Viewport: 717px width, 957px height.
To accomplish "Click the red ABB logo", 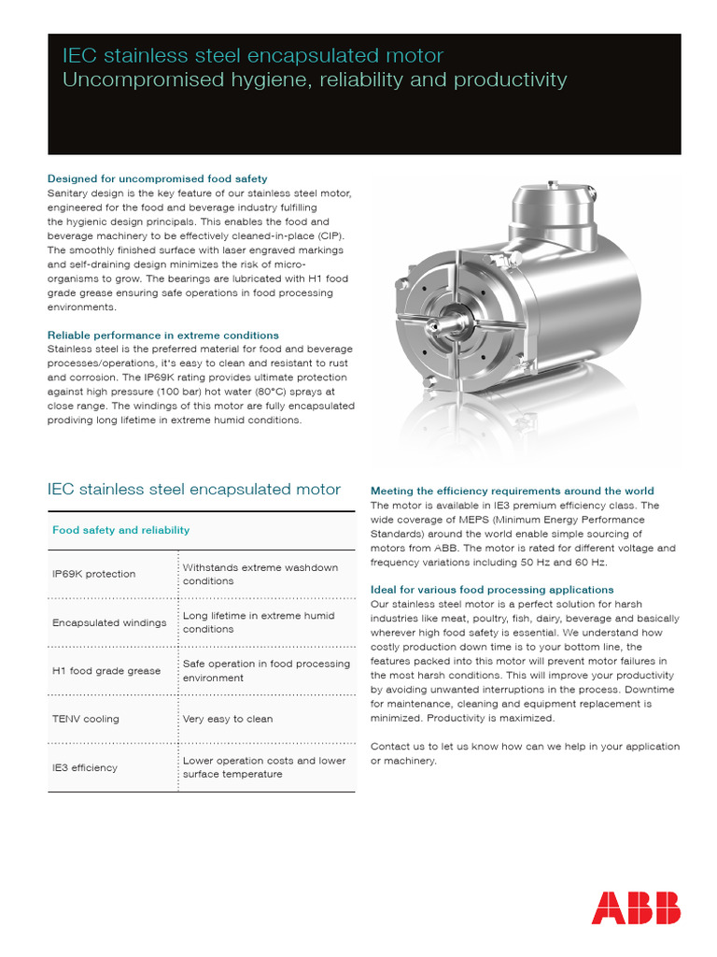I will coord(636,907).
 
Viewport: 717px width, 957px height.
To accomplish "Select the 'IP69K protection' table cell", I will coord(94,574).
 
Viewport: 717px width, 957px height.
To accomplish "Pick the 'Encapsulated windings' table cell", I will coord(109,622).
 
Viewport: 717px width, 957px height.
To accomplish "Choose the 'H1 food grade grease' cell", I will coord(106,671).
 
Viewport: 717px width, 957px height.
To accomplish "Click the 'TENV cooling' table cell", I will coord(86,719).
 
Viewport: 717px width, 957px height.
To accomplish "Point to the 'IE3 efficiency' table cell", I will coord(85,767).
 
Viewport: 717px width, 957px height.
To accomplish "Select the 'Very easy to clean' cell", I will coord(227,719).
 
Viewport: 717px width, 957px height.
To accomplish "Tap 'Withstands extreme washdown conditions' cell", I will coord(260,574).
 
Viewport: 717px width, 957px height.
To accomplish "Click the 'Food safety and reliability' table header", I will coord(120,530).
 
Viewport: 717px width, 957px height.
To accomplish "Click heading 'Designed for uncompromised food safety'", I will coord(157,178).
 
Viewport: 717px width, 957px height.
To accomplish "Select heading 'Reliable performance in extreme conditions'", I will coord(162,335).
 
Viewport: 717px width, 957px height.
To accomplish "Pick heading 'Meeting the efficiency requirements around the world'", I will coord(513,491).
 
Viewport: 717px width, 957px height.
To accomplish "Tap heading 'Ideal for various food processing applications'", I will coord(492,590).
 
